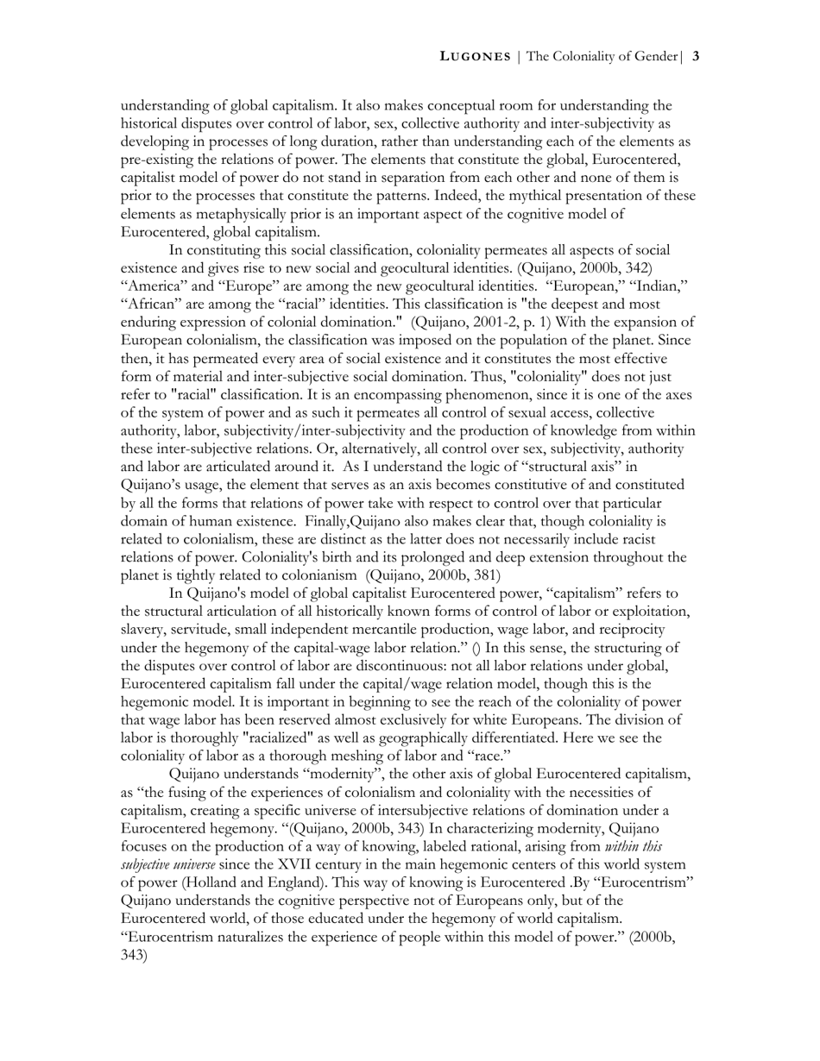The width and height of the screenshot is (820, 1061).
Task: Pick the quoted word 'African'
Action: coord(152,304)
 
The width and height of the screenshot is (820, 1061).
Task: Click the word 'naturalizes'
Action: coord(242,937)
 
